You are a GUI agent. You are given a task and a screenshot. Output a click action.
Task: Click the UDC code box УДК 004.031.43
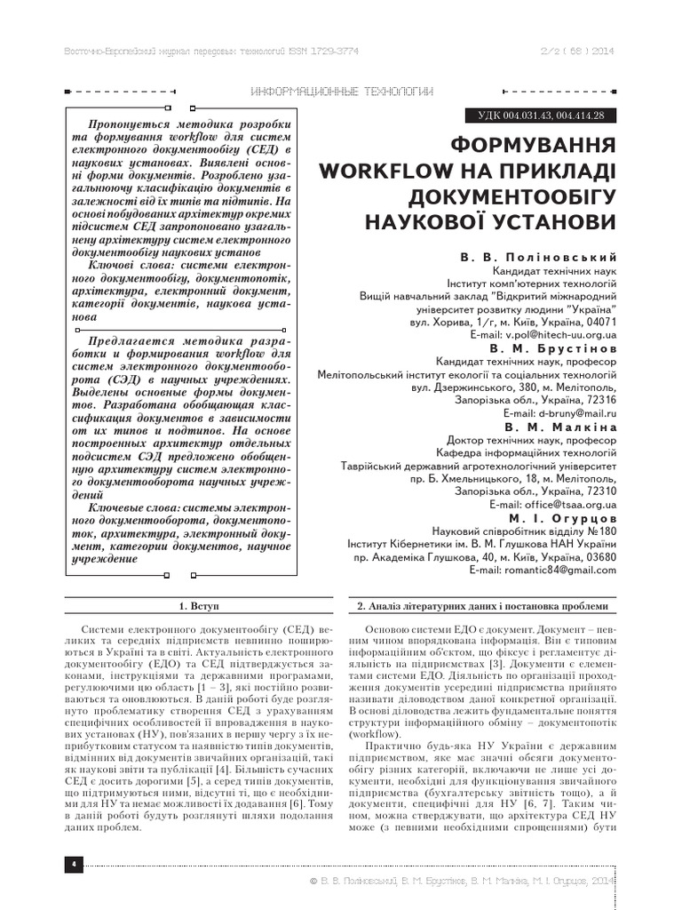pos(541,116)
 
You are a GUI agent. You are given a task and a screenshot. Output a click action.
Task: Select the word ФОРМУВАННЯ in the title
pos(531,145)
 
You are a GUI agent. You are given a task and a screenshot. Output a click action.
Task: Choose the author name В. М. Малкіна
pos(559,427)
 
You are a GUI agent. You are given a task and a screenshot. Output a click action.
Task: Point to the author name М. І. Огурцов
pos(563,517)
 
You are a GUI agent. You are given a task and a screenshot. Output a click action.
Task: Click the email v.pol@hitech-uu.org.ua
pos(560,336)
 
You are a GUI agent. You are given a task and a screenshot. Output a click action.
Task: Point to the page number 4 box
pos(73,864)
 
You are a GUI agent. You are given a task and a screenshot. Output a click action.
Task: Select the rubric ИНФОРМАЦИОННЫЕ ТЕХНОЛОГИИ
pos(342,92)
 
